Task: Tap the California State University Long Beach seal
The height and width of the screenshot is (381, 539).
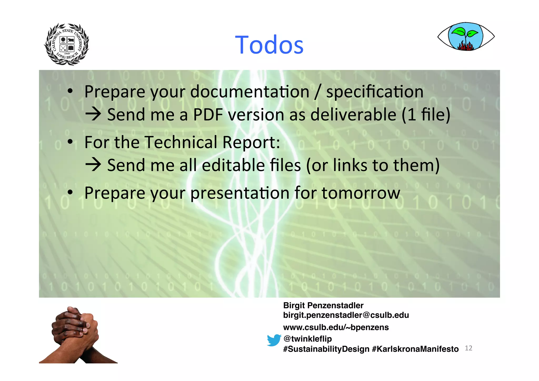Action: [67, 44]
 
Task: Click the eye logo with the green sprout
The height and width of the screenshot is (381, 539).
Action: [466, 37]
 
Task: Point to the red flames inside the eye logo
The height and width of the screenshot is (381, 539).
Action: [465, 47]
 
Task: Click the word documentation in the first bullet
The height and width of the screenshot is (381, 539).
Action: [249, 92]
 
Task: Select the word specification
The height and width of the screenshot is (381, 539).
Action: [375, 92]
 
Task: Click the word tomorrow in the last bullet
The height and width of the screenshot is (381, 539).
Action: [361, 193]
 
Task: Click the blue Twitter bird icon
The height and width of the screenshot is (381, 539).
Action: [274, 340]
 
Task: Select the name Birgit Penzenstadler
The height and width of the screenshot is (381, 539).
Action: [323, 305]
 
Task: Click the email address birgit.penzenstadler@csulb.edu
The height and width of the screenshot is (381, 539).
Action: [346, 315]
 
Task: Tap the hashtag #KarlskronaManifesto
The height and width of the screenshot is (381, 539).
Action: [415, 349]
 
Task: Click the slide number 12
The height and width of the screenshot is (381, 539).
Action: [468, 348]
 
